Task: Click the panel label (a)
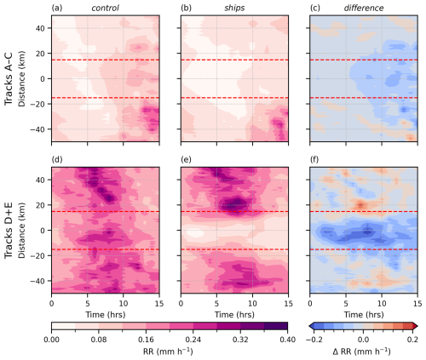57,9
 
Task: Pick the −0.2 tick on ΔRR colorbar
316,339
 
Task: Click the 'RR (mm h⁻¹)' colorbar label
170,351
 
